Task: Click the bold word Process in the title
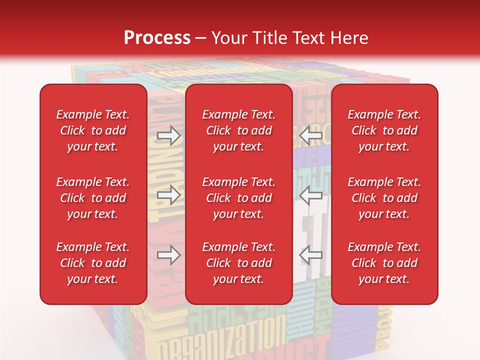[157, 37]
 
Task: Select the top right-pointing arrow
[169, 135]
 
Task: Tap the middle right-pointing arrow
[169, 195]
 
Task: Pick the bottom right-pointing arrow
[169, 255]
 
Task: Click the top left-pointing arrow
[310, 135]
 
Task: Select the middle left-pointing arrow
[310, 195]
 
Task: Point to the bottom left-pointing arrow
[310, 255]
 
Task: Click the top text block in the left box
[92, 130]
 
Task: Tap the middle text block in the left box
[92, 198]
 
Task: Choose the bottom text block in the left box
[92, 263]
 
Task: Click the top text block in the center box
[238, 130]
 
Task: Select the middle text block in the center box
[238, 198]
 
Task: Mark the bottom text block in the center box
[238, 263]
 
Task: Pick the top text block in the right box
[384, 130]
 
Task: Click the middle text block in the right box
[384, 198]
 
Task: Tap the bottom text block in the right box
[384, 263]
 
